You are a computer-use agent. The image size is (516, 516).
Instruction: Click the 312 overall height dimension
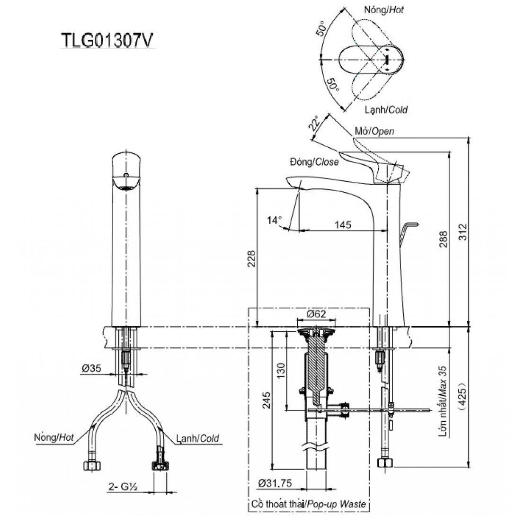point(464,233)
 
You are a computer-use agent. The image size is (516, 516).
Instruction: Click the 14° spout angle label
point(274,220)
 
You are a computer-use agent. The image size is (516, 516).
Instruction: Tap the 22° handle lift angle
point(313,125)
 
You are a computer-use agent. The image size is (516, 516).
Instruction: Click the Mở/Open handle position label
point(374,131)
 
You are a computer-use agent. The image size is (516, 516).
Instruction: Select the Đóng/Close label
point(314,162)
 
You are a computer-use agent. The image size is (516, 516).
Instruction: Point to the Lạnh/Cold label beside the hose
point(197,438)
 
